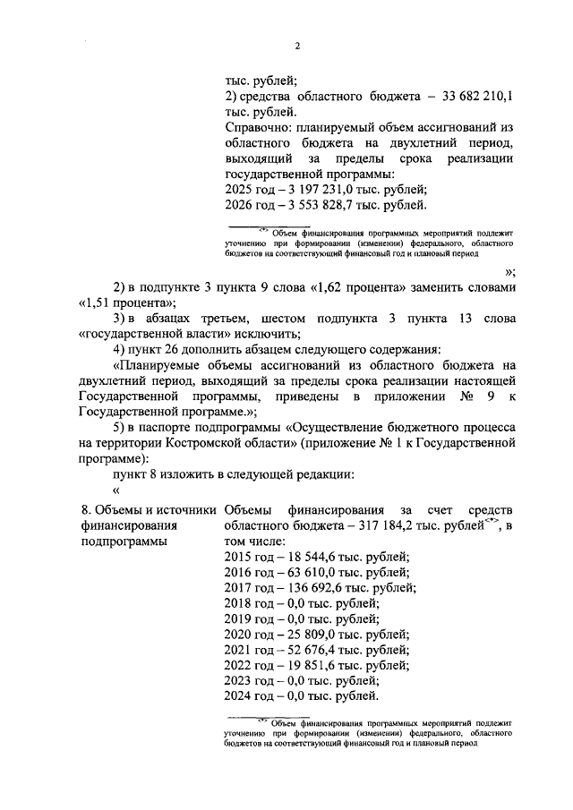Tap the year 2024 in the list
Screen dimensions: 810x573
click(x=236, y=697)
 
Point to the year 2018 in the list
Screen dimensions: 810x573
click(x=236, y=603)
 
